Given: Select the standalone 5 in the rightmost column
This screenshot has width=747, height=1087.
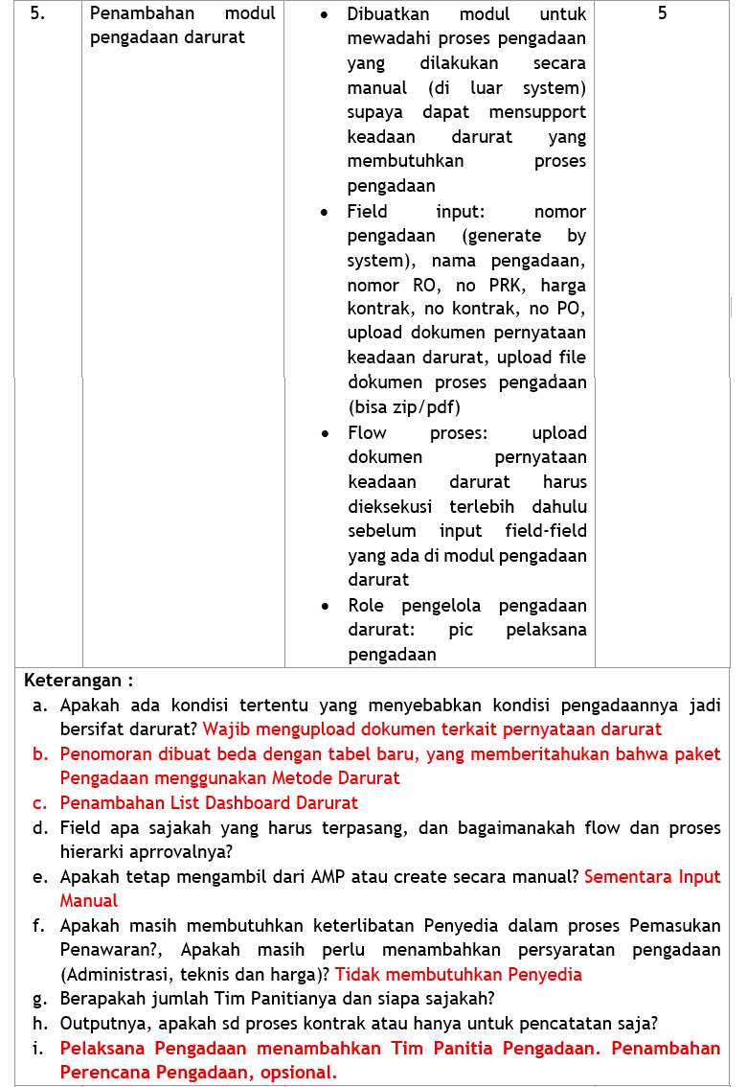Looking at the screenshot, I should coord(663,14).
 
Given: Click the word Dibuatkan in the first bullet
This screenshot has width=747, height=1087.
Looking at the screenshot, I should coord(388,14).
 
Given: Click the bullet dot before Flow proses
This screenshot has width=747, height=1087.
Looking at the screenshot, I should coord(328,433).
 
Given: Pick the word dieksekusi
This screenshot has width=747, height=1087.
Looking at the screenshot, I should coord(390,506).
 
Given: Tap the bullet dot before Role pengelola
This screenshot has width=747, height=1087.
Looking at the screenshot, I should coord(328,606).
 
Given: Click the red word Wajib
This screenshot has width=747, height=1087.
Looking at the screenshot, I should coord(224,729).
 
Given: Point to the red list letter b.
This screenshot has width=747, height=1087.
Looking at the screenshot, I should coord(40,754).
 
